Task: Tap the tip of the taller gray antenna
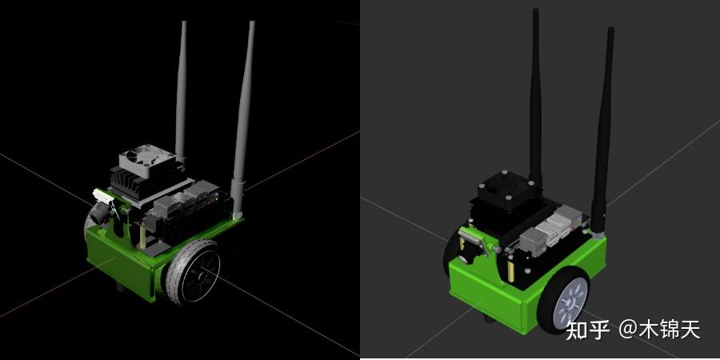point(252,24)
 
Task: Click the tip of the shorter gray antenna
point(182,24)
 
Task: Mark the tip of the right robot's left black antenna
point(534,11)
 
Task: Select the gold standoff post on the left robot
point(142,235)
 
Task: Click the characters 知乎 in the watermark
point(588,329)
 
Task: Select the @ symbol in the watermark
point(627,329)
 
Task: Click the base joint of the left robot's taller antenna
point(237,193)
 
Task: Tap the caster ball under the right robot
point(489,321)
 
